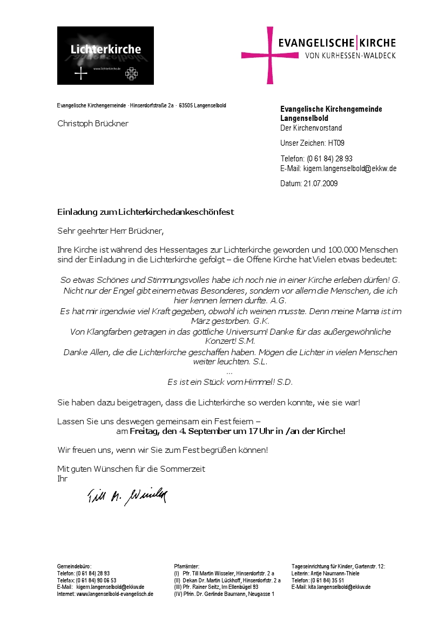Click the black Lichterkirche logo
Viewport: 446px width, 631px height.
pyautogui.click(x=105, y=56)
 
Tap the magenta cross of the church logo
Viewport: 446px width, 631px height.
pyautogui.click(x=269, y=55)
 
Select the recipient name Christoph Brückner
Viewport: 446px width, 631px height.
pyautogui.click(x=93, y=123)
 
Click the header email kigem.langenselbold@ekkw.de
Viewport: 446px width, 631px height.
pyautogui.click(x=350, y=168)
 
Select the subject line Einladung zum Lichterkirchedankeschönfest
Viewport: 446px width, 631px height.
pyautogui.click(x=145, y=212)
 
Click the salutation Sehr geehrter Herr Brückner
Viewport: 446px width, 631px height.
pyautogui.click(x=110, y=231)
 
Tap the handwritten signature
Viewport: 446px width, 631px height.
pyautogui.click(x=127, y=496)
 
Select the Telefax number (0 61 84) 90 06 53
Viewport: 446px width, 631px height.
pyautogui.click(x=96, y=580)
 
